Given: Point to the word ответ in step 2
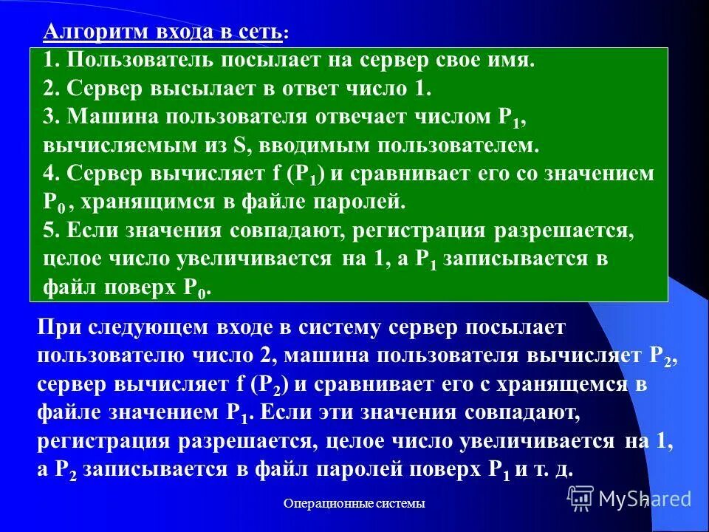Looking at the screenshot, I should pos(324,89).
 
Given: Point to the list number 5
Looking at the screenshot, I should pos(49,231).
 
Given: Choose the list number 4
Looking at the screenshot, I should pos(49,174).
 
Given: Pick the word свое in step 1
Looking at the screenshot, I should pos(445,61).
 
